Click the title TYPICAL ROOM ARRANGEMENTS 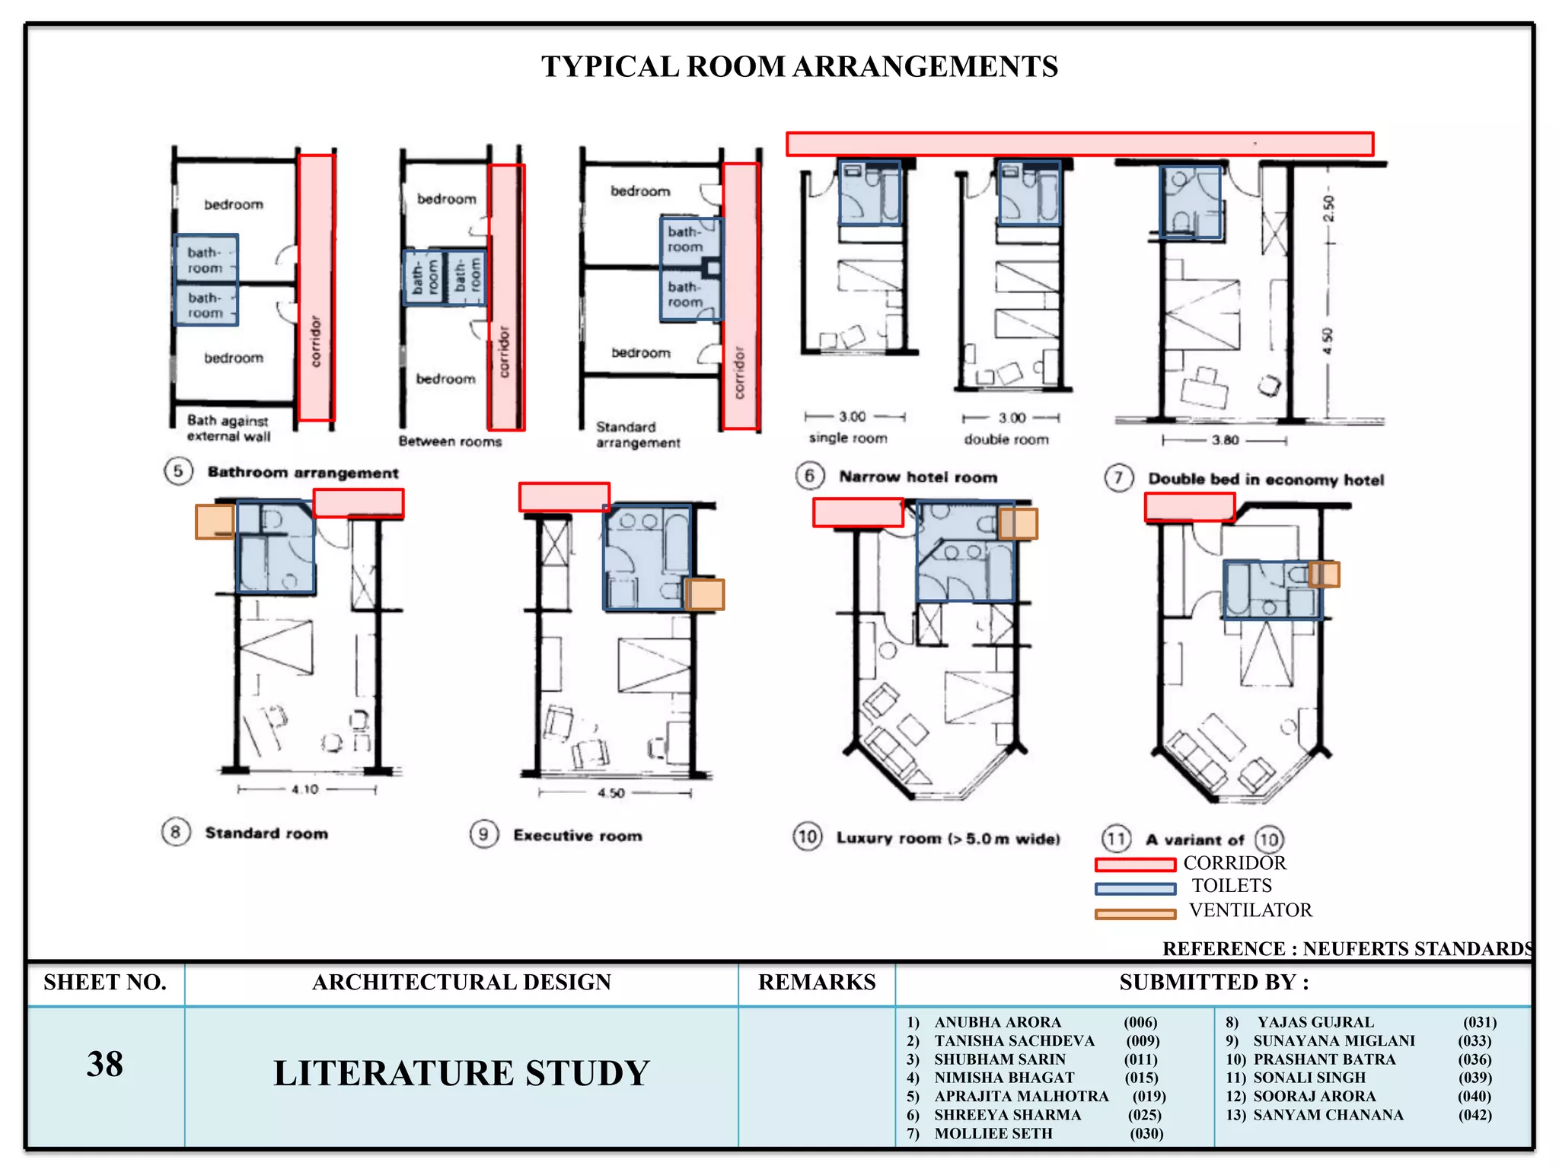pos(799,67)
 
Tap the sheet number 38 pos(104,1064)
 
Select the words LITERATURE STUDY pos(461,1073)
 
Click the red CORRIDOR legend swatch pos(1135,865)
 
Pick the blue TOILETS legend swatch pos(1135,888)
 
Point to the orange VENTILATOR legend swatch pos(1135,914)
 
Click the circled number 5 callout pos(178,471)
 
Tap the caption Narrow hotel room pos(918,477)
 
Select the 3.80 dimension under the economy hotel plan pos(1225,440)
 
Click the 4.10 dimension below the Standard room pos(304,789)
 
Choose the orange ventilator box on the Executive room pos(704,594)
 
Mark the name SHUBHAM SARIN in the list pos(999,1059)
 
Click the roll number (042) pos(1475,1115)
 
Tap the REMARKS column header pos(817,983)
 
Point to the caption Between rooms pos(450,441)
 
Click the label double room pos(1006,439)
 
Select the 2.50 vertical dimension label pos(1328,208)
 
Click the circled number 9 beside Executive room pos(484,834)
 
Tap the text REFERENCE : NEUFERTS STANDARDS pos(1347,949)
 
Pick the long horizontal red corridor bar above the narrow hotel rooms pos(1079,144)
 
